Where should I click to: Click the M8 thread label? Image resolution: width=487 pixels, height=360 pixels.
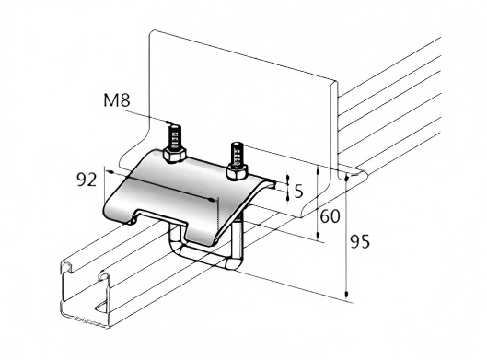click(117, 100)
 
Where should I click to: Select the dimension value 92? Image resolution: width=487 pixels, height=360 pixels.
click(87, 180)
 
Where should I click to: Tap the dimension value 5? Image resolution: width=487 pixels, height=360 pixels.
click(298, 191)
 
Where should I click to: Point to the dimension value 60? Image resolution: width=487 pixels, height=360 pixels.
click(330, 216)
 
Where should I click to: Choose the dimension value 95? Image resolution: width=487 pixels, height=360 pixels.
click(360, 241)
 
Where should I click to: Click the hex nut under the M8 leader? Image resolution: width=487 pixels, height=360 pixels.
click(174, 155)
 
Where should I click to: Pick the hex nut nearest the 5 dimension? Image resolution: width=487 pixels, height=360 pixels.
click(237, 172)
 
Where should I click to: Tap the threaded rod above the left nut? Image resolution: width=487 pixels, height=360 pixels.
click(174, 135)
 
